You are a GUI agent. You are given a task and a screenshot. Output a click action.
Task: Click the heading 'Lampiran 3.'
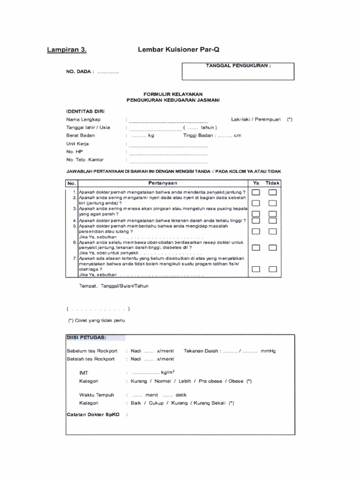click(x=67, y=49)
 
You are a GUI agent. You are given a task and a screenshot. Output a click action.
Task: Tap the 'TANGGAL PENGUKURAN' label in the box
click(x=239, y=66)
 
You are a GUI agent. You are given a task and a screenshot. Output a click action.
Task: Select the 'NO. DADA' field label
click(x=80, y=72)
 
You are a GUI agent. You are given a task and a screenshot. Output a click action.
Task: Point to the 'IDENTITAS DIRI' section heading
click(x=85, y=112)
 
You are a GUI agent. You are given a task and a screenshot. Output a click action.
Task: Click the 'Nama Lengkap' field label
click(x=82, y=120)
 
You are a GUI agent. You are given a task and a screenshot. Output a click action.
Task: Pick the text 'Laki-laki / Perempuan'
click(x=256, y=120)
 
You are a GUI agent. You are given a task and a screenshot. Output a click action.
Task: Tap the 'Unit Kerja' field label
click(x=77, y=144)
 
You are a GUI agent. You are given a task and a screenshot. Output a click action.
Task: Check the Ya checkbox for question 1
click(x=256, y=192)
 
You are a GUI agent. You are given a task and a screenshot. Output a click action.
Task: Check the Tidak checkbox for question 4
click(x=272, y=220)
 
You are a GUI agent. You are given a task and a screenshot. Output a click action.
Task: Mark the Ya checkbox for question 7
click(x=256, y=269)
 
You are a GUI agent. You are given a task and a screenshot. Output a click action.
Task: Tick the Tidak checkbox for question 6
click(x=272, y=247)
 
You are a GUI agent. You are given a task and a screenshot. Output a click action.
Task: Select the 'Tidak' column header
click(x=272, y=182)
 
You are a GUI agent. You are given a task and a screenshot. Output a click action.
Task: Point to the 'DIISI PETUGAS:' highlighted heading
click(x=86, y=337)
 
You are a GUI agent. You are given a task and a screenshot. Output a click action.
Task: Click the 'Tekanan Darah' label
click(x=201, y=351)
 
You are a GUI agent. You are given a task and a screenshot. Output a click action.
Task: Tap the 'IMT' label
click(x=84, y=373)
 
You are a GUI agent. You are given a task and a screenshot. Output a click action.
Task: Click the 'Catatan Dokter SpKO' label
click(x=92, y=415)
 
